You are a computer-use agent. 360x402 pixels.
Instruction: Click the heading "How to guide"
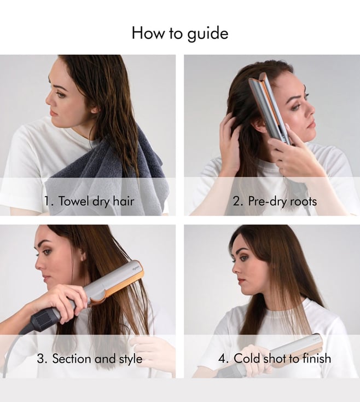[180, 33]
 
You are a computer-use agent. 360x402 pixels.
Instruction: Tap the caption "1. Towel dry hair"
[89, 201]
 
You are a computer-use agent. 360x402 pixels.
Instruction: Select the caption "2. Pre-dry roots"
[275, 201]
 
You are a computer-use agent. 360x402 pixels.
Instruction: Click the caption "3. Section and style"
[89, 358]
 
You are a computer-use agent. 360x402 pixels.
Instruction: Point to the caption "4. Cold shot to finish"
[275, 358]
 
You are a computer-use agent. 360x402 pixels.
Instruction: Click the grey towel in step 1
[108, 177]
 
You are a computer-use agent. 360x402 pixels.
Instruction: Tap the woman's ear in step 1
[95, 110]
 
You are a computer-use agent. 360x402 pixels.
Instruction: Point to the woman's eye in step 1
[60, 94]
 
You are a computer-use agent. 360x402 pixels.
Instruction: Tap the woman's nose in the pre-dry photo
[311, 108]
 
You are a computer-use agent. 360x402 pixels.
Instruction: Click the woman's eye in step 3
[47, 252]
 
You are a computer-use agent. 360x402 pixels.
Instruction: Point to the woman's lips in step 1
[53, 113]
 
